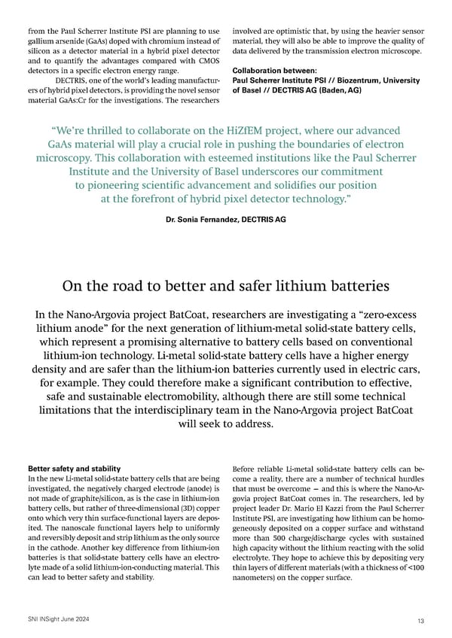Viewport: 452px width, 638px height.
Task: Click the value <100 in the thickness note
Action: [x=409, y=569]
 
